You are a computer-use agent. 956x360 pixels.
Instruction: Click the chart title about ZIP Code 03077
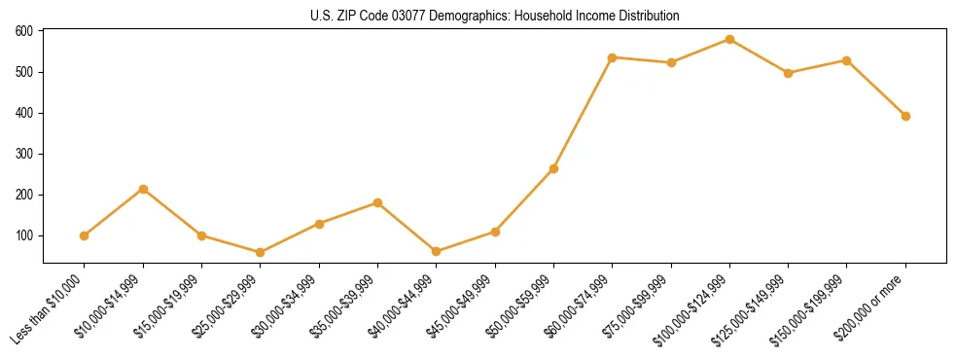(x=494, y=16)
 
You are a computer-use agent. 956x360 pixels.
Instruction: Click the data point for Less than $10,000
(x=85, y=235)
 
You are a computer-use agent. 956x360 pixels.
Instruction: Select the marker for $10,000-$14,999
(x=143, y=189)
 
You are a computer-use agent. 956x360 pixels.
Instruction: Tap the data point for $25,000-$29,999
(x=260, y=252)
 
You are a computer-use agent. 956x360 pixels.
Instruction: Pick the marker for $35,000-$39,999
(x=377, y=202)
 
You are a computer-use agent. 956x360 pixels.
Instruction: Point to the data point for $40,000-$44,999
(x=436, y=251)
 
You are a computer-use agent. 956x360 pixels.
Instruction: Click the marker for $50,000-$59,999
(x=553, y=168)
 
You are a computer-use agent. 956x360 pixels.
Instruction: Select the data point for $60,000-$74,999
(x=612, y=57)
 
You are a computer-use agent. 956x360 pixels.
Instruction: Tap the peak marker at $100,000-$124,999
(x=729, y=39)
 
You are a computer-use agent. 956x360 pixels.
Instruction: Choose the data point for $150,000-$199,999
(x=846, y=60)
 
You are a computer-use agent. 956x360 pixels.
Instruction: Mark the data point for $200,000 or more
(x=905, y=116)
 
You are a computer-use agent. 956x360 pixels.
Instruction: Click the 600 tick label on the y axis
(x=24, y=31)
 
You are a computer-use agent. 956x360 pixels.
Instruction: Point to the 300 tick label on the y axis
(x=24, y=154)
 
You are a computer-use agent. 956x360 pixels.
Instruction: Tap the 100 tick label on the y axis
(x=24, y=235)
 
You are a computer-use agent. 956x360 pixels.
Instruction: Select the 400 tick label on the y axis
(x=24, y=113)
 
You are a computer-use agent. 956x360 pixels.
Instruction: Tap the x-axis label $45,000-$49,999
(x=459, y=309)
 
